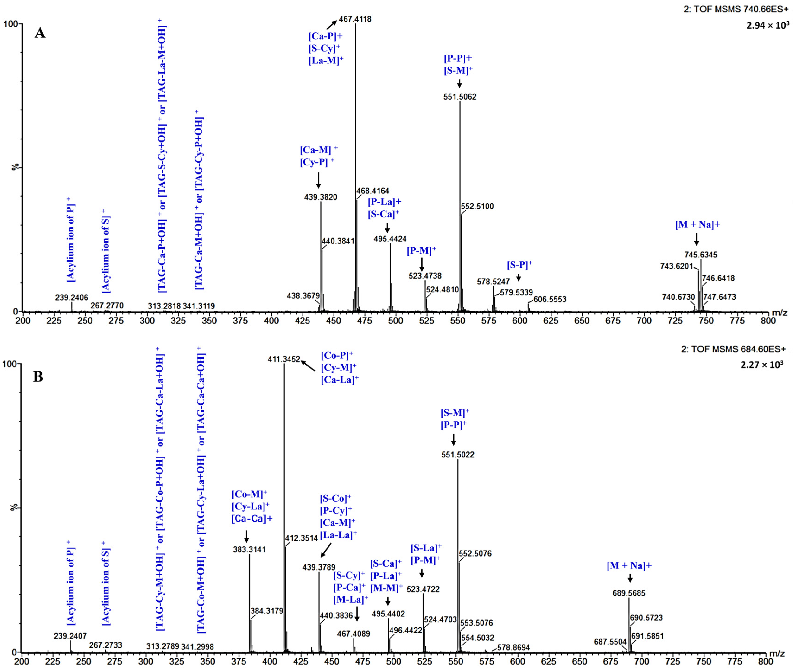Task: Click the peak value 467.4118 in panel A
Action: [355, 19]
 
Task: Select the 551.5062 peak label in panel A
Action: [459, 97]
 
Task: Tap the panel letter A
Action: [40, 33]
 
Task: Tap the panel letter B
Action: [38, 376]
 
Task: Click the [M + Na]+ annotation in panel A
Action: [697, 224]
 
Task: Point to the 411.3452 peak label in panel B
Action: [283, 359]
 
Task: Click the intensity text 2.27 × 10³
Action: [761, 365]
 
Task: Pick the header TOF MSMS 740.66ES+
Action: [735, 9]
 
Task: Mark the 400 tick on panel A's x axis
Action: [271, 321]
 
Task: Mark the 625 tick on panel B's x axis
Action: [548, 661]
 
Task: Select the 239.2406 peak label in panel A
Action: [71, 298]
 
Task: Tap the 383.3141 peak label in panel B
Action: [249, 549]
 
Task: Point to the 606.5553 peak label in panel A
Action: [549, 299]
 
